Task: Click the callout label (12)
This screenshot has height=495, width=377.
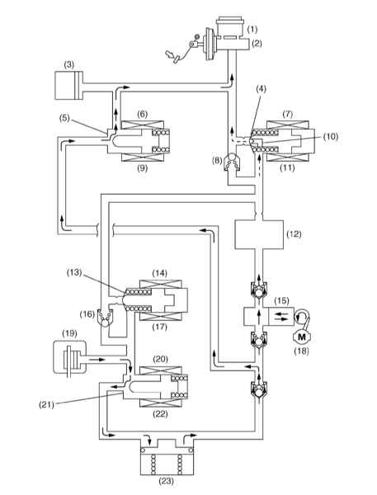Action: (x=294, y=234)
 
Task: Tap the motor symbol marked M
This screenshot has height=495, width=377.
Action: (x=301, y=337)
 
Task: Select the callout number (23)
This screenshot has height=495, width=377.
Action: (x=166, y=481)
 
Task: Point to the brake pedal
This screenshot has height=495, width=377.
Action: (x=172, y=56)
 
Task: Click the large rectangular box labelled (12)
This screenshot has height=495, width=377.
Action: (x=258, y=235)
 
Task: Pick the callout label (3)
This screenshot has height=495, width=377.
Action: (x=68, y=65)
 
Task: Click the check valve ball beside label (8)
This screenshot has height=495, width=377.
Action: (x=233, y=158)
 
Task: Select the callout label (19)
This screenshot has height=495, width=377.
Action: (x=69, y=333)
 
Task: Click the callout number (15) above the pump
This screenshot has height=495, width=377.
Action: (x=281, y=300)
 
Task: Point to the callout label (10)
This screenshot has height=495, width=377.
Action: (x=330, y=136)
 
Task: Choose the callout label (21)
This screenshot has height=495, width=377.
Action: (x=46, y=405)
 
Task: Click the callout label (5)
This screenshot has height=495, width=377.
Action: (x=64, y=120)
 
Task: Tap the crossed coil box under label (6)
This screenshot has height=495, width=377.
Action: (x=143, y=125)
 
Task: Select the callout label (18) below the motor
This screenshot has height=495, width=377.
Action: (x=301, y=351)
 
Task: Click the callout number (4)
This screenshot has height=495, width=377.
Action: (x=260, y=89)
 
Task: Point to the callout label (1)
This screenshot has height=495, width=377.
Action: (x=252, y=30)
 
